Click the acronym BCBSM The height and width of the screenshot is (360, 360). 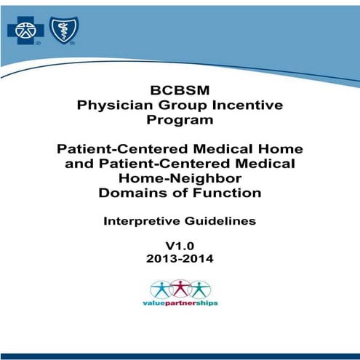coord(179,92)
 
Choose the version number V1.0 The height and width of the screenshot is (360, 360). coord(179,247)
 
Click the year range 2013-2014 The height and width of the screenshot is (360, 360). coord(179,259)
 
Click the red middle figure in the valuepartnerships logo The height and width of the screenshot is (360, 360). coord(180,287)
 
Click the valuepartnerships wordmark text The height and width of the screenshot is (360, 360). coord(179,302)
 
